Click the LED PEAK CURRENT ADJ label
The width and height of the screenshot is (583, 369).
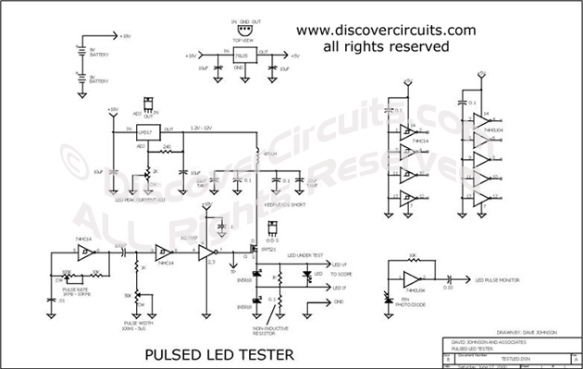(x=139, y=197)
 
